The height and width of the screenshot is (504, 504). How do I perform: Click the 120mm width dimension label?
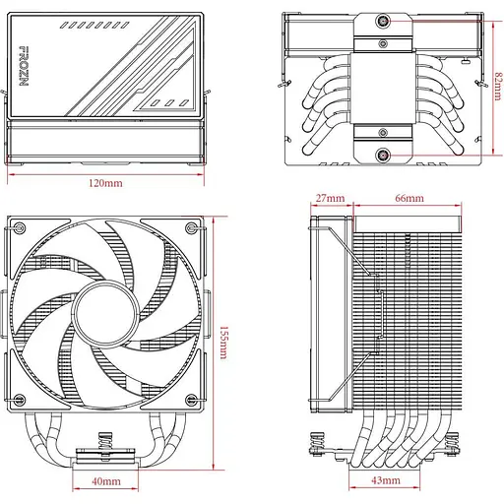click(105, 184)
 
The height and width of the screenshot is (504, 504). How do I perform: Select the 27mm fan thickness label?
click(330, 198)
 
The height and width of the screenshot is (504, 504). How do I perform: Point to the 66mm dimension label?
click(409, 198)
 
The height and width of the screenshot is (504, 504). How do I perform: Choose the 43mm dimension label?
click(387, 480)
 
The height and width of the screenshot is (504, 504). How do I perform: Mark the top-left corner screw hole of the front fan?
click(19, 229)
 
